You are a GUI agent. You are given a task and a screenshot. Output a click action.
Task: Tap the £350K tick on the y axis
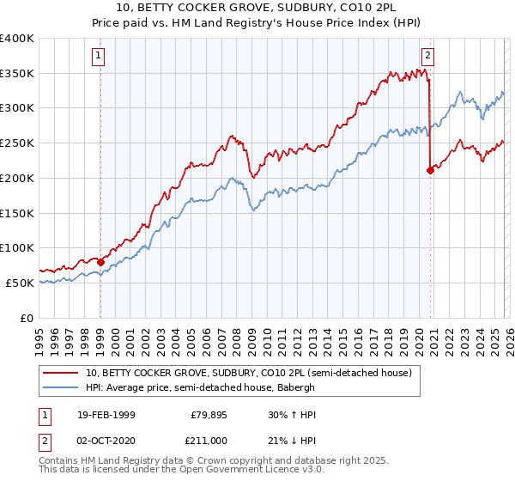click(x=16, y=74)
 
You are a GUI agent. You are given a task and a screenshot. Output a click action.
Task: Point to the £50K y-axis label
click(x=19, y=283)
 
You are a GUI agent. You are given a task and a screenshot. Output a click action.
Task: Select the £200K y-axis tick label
click(x=16, y=178)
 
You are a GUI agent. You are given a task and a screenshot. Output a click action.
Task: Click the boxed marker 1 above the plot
click(x=100, y=57)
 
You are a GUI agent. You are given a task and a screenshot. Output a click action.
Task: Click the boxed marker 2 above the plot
click(x=427, y=57)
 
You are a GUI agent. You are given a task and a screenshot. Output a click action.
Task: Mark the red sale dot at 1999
click(x=100, y=262)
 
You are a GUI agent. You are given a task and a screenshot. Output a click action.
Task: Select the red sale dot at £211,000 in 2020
click(x=430, y=171)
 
